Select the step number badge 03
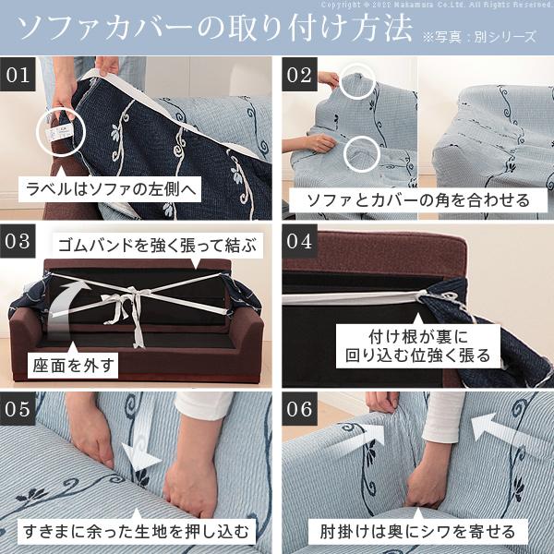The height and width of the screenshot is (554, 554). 19,243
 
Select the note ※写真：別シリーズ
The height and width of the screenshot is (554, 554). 481,36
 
